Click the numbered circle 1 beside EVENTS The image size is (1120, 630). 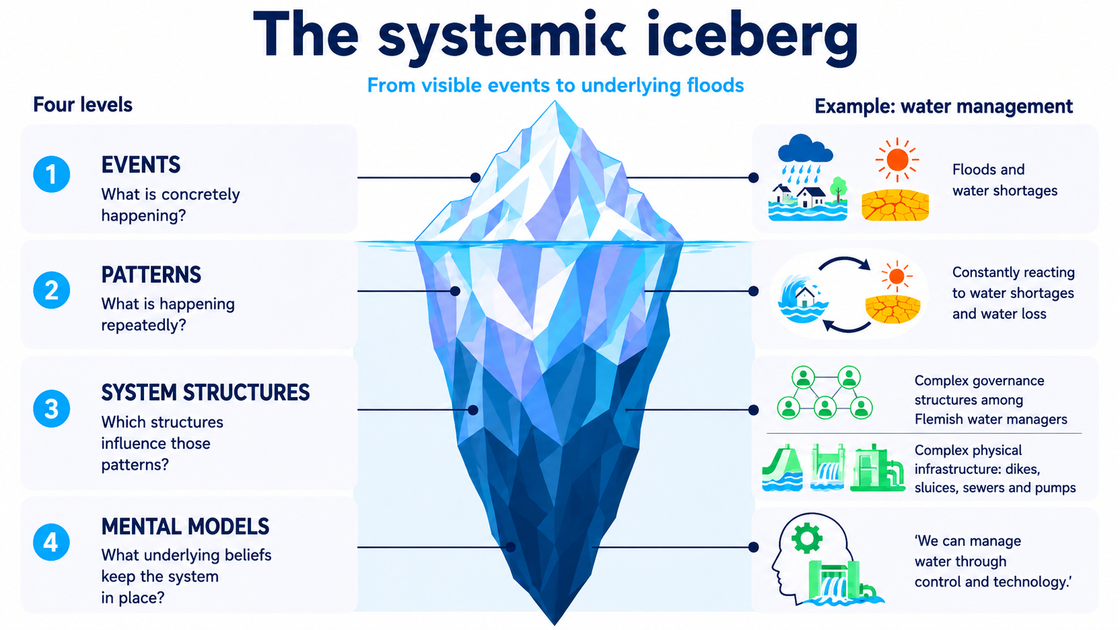52,174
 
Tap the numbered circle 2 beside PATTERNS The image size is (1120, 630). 52,291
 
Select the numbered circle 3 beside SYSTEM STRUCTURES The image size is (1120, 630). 52,408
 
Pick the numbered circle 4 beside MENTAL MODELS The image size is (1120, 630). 52,542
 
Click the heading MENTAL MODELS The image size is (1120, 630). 185,527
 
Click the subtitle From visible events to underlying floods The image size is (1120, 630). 555,86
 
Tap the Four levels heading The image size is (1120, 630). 82,105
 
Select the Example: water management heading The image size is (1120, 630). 944,106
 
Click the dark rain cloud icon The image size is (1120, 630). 805,149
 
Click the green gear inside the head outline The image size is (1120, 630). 807,538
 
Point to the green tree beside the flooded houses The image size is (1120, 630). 839,189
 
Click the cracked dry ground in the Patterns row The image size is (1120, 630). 893,309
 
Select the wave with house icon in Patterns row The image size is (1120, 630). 803,299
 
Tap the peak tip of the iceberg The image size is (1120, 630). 555,101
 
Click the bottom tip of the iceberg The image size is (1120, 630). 555,625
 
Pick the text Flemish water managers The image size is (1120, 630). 991,419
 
